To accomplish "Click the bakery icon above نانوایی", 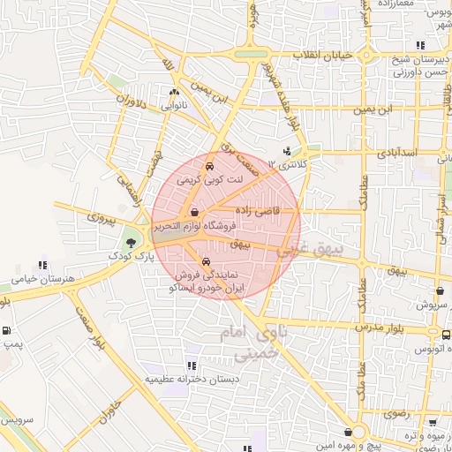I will [x=174, y=91].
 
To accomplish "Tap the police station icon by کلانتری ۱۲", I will [x=285, y=151].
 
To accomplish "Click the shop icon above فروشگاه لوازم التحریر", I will [x=194, y=212].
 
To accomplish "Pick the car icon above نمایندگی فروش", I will [x=206, y=261].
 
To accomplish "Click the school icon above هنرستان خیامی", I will [x=42, y=264].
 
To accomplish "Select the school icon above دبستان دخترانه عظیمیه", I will [x=192, y=365].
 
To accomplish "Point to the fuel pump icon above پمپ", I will [x=8, y=332].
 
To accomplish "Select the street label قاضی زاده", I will [x=257, y=211].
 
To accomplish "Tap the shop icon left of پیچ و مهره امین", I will [x=353, y=432].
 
